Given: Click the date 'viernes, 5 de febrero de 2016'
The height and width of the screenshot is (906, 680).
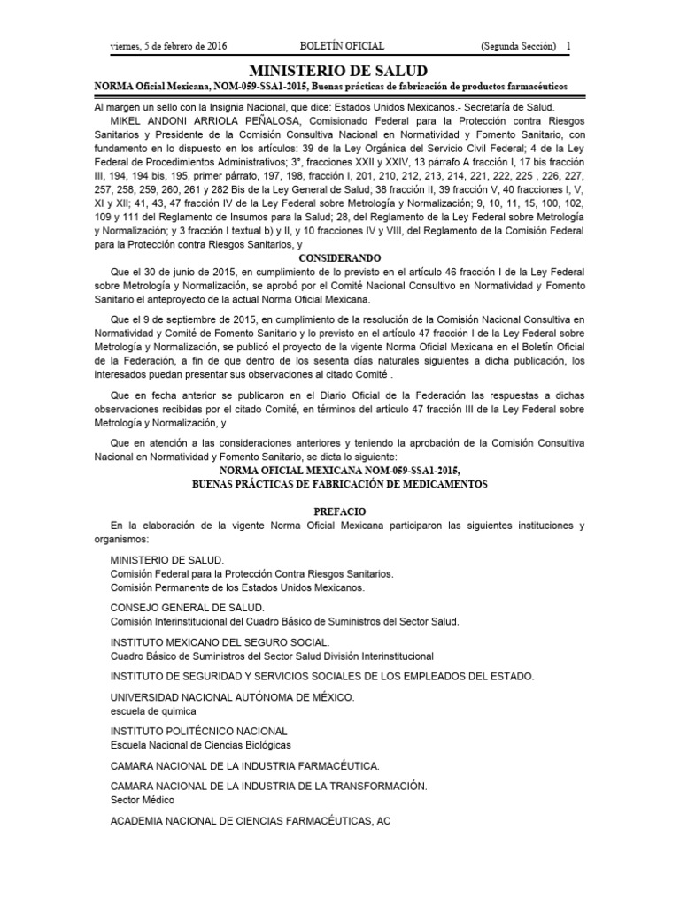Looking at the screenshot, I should [x=167, y=45].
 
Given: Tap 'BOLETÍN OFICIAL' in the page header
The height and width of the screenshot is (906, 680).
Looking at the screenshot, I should [x=341, y=45].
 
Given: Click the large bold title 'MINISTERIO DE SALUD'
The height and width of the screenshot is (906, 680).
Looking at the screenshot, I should [x=339, y=70].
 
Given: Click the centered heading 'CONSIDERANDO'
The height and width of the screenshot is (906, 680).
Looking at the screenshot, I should [x=340, y=257].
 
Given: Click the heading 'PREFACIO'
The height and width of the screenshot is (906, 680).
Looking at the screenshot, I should [x=340, y=511].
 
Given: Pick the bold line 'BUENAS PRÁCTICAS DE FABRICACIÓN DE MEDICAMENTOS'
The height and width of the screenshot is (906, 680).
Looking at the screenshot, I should [x=340, y=485].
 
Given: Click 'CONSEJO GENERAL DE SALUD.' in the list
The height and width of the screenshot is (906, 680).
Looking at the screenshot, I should [x=187, y=608].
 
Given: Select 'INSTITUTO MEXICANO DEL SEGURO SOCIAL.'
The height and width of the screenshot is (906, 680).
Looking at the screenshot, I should [x=220, y=642].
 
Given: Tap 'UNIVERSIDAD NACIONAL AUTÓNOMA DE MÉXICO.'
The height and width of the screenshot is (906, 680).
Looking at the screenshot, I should [x=233, y=697].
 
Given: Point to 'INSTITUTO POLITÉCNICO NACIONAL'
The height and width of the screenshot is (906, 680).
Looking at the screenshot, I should [x=199, y=731].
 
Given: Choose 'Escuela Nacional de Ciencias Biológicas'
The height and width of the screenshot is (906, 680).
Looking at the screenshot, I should [x=200, y=744].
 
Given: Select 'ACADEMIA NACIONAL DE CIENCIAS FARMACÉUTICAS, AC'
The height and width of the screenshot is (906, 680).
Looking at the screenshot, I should [x=250, y=820].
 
